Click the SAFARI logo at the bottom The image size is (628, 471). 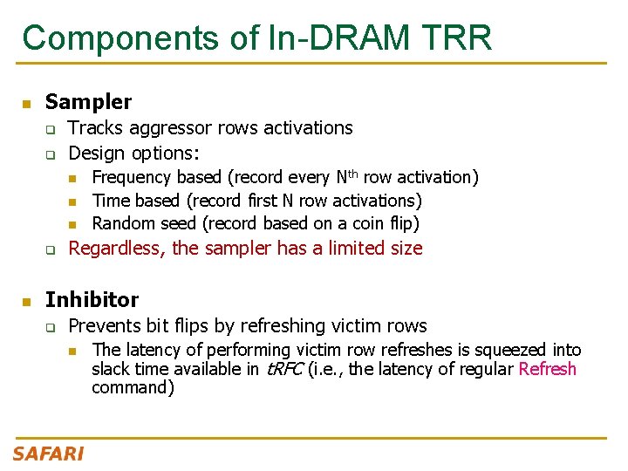click(48, 454)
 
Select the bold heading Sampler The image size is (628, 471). click(88, 102)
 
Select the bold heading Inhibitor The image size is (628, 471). click(92, 299)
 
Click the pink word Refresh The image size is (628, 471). click(547, 369)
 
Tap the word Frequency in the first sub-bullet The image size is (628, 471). click(132, 178)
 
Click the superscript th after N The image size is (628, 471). click(352, 173)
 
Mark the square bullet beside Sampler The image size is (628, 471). click(27, 104)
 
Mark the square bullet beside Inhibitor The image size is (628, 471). click(27, 301)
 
